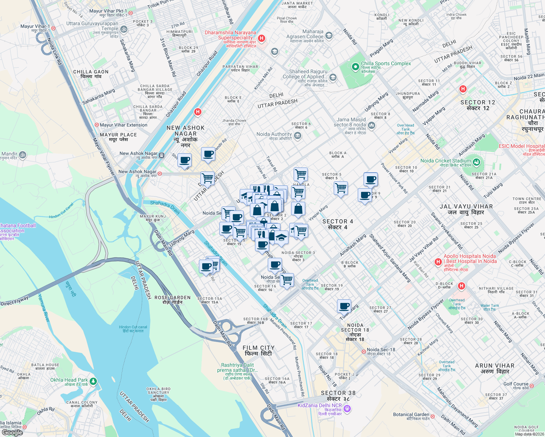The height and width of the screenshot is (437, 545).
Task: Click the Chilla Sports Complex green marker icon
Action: tap(355, 67)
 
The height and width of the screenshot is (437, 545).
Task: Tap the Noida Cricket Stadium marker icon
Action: tap(476, 162)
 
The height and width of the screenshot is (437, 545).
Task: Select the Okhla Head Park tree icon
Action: tap(93, 381)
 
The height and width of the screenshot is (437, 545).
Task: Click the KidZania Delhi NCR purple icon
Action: tap(347, 409)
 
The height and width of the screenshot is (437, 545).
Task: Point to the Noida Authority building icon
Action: tap(297, 136)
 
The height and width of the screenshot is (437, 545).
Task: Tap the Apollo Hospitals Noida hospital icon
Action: tap(438, 262)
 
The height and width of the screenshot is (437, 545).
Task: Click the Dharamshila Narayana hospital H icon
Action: tap(261, 38)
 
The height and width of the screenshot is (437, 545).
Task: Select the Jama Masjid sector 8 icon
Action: tap(372, 126)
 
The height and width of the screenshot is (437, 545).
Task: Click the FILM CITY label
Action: tap(259, 351)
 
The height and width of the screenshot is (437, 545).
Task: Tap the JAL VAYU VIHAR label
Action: tap(466, 209)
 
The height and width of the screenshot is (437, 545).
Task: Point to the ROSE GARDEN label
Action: tap(172, 300)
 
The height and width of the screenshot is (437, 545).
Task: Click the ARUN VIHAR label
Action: tap(495, 368)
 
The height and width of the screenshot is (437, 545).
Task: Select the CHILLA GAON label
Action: tap(91, 74)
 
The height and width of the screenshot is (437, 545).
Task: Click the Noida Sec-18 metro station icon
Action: tap(364, 351)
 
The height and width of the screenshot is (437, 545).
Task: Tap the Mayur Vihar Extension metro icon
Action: tap(97, 125)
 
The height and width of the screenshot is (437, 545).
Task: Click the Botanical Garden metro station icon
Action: tap(432, 416)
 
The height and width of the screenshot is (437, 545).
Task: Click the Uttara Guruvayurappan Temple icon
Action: tap(123, 29)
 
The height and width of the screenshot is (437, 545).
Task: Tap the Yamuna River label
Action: tap(44, 308)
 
